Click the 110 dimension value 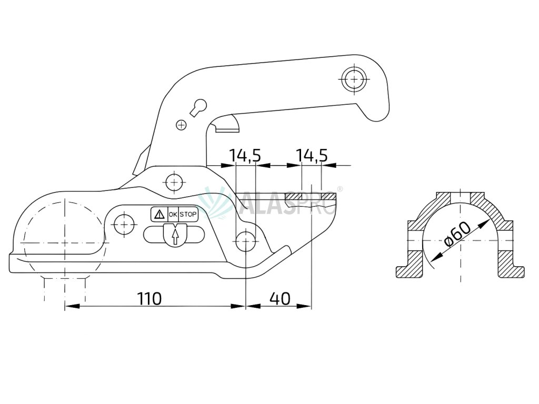point(149,299)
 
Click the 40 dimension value point(280,299)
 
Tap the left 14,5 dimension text point(245,156)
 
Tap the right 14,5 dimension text point(312,156)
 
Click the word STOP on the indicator point(188,215)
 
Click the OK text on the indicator point(173,215)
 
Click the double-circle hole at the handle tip point(355,80)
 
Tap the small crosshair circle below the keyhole point(181,125)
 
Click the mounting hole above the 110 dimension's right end point(245,242)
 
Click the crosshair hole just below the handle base point(174,183)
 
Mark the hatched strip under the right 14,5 point(311,196)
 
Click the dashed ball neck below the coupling point(65,287)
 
